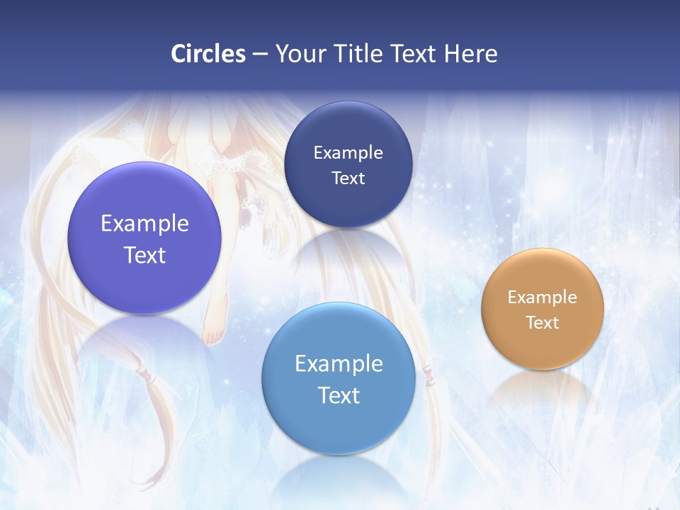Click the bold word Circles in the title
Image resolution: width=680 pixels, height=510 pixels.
coord(208,54)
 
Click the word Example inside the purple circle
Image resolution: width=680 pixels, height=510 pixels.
coord(144,224)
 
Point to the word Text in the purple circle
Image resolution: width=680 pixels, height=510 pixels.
coord(144,255)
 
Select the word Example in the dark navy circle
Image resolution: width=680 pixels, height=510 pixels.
coord(348,153)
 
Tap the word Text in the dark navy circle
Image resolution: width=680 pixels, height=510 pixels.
coord(348,178)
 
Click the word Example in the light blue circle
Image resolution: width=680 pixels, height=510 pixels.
coord(339,364)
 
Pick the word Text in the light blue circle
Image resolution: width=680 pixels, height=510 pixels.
coord(339,395)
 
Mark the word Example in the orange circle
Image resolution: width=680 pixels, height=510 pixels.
coord(542,297)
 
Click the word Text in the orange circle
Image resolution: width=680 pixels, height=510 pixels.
coord(542,323)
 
